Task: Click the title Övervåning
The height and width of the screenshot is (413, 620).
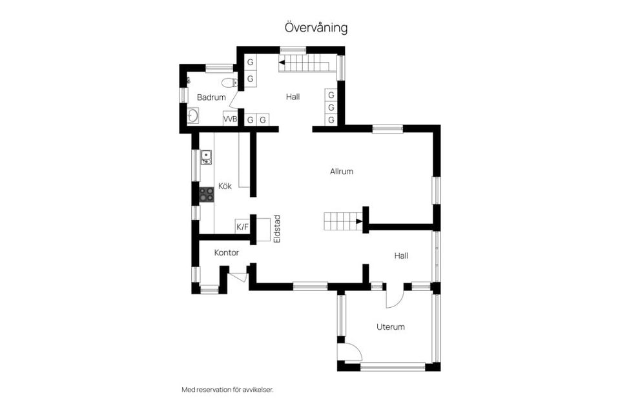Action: (316, 28)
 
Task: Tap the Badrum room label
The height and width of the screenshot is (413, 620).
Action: (211, 97)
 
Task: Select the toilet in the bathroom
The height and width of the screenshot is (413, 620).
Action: (227, 82)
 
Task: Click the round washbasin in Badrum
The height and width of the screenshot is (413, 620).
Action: (192, 117)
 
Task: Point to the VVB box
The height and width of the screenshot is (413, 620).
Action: (230, 119)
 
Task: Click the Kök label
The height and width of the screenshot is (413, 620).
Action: (225, 186)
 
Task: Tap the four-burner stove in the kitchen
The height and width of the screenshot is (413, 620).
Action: (207, 194)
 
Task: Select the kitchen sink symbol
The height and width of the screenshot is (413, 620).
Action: (206, 157)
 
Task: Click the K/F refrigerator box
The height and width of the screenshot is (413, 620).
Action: (242, 227)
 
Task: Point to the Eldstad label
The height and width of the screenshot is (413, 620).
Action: (276, 228)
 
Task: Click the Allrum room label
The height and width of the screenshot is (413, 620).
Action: (342, 172)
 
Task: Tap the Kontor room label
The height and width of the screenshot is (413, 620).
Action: (226, 253)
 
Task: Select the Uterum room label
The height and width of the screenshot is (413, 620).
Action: (390, 327)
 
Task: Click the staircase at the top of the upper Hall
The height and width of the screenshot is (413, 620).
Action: (304, 64)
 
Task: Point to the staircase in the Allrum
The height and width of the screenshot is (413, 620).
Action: (342, 221)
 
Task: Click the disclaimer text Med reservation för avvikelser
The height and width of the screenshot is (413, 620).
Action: (227, 390)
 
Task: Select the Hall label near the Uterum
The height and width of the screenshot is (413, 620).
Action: (401, 256)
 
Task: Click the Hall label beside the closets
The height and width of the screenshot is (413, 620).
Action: (293, 97)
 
